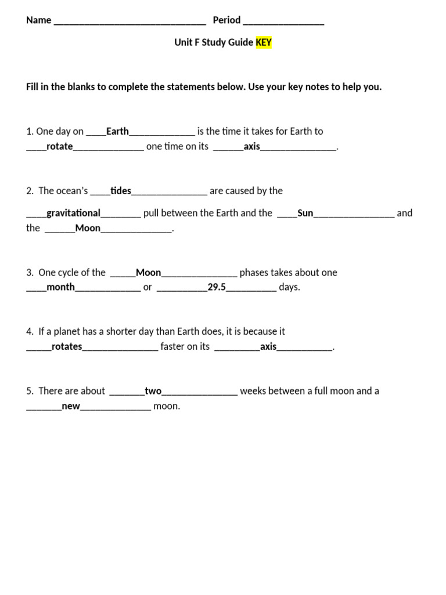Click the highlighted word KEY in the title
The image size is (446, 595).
click(264, 42)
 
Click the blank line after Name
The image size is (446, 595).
click(130, 21)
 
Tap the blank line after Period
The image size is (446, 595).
click(283, 21)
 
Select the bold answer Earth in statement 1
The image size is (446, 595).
click(117, 131)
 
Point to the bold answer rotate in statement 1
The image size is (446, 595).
click(60, 146)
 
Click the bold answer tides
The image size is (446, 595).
click(121, 191)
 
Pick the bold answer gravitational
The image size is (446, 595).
click(74, 213)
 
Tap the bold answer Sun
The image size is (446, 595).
click(305, 213)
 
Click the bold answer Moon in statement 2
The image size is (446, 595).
click(88, 228)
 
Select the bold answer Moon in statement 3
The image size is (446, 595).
click(148, 273)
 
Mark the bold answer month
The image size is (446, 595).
click(61, 287)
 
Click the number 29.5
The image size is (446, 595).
click(217, 287)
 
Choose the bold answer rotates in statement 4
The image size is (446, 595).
click(67, 347)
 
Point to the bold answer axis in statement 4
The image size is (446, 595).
click(268, 347)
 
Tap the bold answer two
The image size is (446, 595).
click(153, 391)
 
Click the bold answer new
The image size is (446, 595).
click(71, 406)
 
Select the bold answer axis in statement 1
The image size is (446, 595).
click(252, 146)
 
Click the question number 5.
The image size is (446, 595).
click(29, 391)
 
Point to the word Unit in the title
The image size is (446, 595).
click(184, 42)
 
